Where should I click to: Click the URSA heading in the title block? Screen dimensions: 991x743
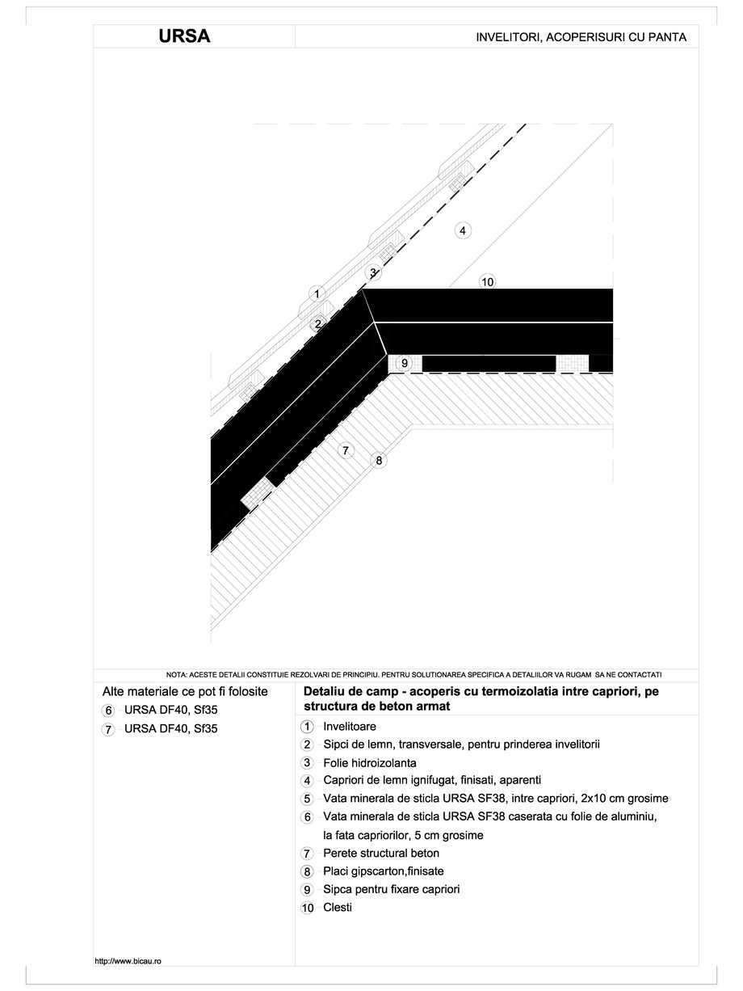(x=185, y=36)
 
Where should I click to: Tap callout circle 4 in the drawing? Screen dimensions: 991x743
(x=462, y=230)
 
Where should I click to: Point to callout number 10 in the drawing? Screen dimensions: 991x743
(x=487, y=282)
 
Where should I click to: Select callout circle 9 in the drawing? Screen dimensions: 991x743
(x=405, y=364)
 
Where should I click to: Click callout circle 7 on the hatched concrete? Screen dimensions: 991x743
(x=346, y=450)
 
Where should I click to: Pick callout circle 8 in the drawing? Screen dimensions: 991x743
(x=378, y=461)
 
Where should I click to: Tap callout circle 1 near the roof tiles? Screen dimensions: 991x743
(x=317, y=294)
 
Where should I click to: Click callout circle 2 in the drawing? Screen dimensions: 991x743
(x=318, y=323)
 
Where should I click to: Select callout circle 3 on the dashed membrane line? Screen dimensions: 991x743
(x=373, y=272)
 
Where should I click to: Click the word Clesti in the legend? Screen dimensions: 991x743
(x=337, y=907)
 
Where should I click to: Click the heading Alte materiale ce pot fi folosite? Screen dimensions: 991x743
(x=185, y=692)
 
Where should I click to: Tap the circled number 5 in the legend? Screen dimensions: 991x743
(x=307, y=799)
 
